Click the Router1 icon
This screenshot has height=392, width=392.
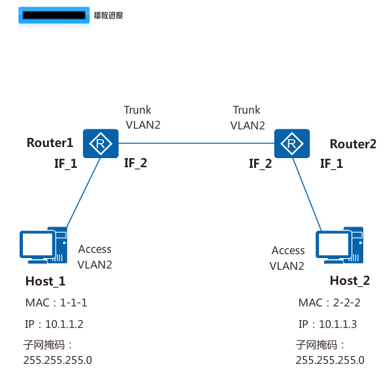point(100,143)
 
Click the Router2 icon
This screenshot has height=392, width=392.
point(291,143)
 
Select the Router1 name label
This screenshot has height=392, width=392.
point(50,143)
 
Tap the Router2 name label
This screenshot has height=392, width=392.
point(353,144)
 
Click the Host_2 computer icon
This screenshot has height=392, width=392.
point(339,245)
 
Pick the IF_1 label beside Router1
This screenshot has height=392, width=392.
point(65,163)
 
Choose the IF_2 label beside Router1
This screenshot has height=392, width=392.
point(135,163)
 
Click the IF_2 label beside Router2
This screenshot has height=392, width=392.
point(260,164)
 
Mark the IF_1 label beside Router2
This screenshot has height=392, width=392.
point(331,164)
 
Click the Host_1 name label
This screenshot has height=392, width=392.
point(45,281)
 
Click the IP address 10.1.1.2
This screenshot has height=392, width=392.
point(56,324)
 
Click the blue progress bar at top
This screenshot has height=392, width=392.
point(53,15)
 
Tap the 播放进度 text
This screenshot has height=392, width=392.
point(108,14)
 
